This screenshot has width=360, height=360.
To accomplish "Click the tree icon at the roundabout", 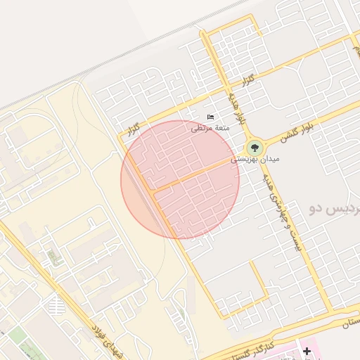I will (254, 148).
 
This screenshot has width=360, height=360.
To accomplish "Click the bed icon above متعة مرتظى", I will (211, 117).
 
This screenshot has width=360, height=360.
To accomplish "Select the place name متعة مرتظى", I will (209, 128).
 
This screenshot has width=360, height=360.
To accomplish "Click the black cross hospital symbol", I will (307, 350).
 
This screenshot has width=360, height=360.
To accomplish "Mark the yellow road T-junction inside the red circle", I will (154, 190).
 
